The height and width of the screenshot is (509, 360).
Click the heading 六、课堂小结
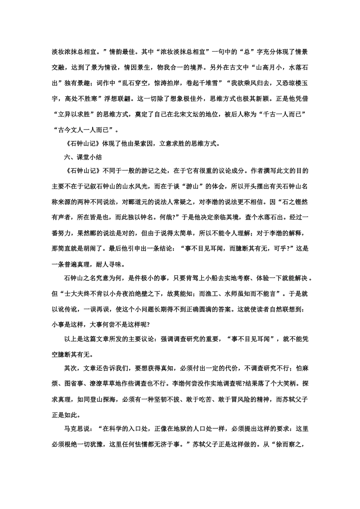pos(82,157)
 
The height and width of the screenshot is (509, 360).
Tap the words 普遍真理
pos(81,264)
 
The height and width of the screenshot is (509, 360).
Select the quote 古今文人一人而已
pos(86,130)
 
